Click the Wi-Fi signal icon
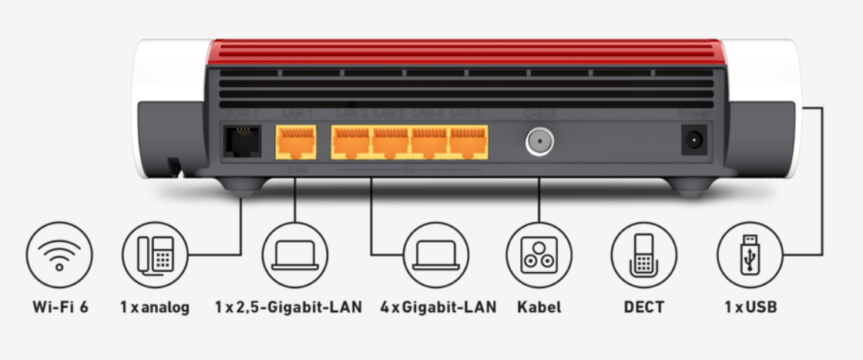59,255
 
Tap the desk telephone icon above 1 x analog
154,255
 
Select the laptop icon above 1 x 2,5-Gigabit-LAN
294,255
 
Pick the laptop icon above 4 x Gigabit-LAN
435,255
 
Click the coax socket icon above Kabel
539,255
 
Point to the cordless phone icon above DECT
643,255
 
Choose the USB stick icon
750,255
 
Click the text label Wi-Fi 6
60,307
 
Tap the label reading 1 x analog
154,307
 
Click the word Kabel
539,307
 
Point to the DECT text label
643,307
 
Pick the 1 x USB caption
750,307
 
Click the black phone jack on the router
240,141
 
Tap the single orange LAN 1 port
295,142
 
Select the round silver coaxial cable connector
538,141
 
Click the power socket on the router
694,140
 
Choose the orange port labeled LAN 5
468,142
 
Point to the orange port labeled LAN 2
351,142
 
